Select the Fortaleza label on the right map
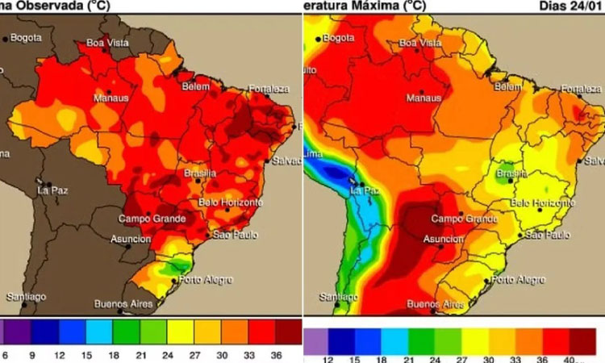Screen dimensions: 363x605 point(582,87)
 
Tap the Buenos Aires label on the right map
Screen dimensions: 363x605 point(436,304)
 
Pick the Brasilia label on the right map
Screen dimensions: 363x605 point(512,173)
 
